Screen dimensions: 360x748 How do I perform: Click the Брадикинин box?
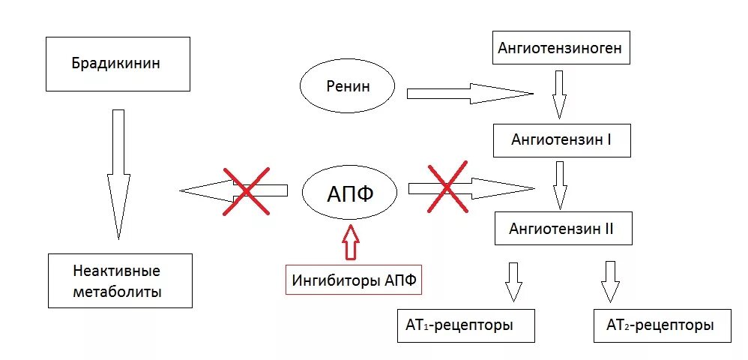tap(116, 63)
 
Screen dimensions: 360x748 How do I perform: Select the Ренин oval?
tap(347, 87)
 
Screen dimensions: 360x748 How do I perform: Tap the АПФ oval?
tap(349, 194)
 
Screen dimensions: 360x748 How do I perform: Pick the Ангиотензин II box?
tap(563, 229)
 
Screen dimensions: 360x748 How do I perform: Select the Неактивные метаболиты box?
tap(120, 280)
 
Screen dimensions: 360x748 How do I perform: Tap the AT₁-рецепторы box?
tap(465, 325)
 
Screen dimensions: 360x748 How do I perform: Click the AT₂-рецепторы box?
tap(661, 325)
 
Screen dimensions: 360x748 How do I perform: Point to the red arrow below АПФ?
tap(350, 241)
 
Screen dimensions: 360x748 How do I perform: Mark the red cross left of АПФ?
tap(245, 191)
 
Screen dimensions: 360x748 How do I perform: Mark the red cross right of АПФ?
tap(447, 187)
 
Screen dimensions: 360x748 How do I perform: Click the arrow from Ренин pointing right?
tap(468, 94)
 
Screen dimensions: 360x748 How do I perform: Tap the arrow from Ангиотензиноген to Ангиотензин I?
tap(558, 94)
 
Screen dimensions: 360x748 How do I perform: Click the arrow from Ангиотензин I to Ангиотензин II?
tap(558, 184)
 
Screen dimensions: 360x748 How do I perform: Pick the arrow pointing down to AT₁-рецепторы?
tap(513, 281)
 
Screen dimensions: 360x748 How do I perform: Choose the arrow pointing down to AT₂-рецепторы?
tap(610, 281)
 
